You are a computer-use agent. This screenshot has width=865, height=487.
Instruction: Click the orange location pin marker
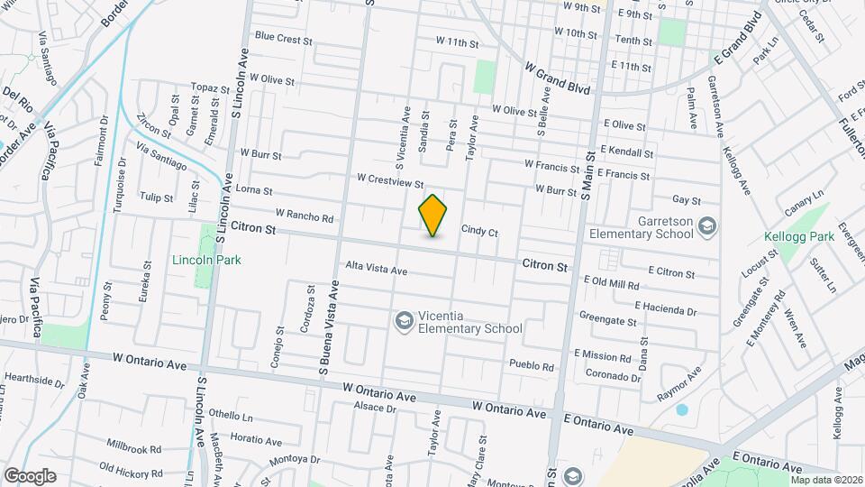pyautogui.click(x=433, y=216)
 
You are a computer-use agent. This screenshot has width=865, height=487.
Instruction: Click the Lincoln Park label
pyautogui.click(x=206, y=260)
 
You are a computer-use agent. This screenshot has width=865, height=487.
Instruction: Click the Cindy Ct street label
pyautogui.click(x=479, y=231)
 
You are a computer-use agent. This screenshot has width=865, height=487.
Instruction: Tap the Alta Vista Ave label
pyautogui.click(x=377, y=269)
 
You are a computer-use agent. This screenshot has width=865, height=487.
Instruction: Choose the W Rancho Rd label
pyautogui.click(x=305, y=216)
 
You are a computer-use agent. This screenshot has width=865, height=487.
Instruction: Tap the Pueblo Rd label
pyautogui.click(x=531, y=366)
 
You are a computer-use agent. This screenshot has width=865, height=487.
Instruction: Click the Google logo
pyautogui.click(x=30, y=476)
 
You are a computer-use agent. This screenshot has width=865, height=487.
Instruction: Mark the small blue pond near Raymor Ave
pyautogui.click(x=681, y=409)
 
